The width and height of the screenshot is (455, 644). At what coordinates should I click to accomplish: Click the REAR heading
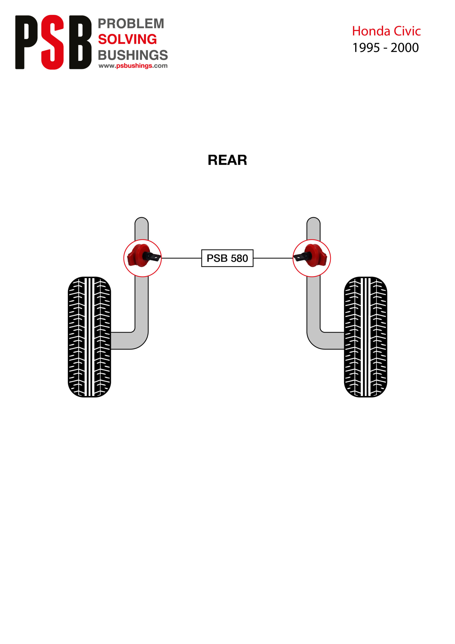point(227,160)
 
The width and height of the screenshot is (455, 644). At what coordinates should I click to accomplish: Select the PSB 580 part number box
point(227,258)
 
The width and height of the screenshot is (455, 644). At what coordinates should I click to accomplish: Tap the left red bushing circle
point(143,258)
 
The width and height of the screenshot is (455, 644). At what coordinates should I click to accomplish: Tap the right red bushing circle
point(311,258)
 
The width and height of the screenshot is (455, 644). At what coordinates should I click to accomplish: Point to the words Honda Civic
point(386,31)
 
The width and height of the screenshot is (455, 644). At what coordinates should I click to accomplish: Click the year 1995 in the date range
point(366,48)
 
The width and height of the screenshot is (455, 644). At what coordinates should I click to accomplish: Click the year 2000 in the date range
point(404,48)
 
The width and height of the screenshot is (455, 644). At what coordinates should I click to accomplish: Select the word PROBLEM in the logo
point(131,24)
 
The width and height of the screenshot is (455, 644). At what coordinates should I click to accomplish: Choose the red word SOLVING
point(127,39)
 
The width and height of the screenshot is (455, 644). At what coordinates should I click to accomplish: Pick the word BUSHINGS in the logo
point(133,55)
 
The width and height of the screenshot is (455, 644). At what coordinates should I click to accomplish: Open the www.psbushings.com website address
point(133,66)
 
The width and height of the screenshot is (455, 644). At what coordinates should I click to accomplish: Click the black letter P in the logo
point(26,42)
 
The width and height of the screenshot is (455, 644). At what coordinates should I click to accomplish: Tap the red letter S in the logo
point(53,42)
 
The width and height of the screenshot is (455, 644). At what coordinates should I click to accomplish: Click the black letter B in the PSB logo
point(80,42)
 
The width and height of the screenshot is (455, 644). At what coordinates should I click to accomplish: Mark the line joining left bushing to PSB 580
point(181,258)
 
